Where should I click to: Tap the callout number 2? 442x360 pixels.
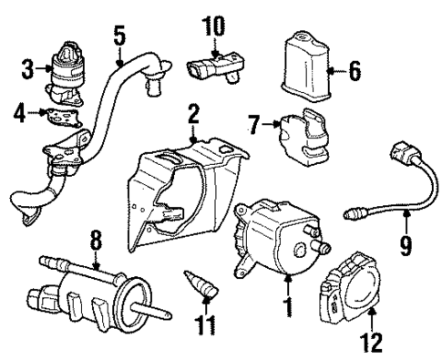192,114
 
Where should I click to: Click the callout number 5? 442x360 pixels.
118,36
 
